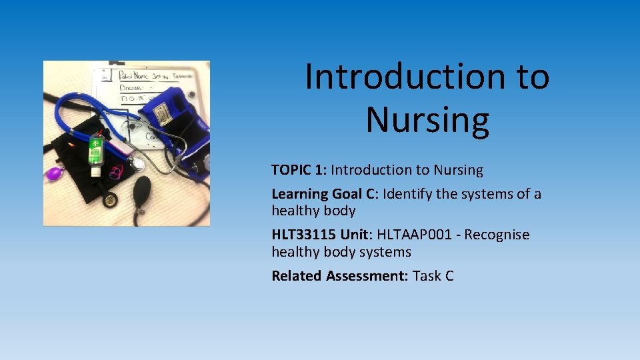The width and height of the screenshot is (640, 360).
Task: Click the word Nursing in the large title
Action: [x=427, y=120]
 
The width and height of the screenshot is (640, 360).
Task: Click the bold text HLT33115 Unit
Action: [x=321, y=235]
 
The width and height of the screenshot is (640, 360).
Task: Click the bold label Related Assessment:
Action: [x=340, y=276]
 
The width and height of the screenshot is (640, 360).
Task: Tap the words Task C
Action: [x=433, y=276]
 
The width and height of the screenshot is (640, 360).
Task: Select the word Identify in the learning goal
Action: [x=411, y=194]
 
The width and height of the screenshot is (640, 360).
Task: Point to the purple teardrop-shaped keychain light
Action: [x=54, y=173]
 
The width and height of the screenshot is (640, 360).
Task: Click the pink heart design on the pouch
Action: [x=117, y=172]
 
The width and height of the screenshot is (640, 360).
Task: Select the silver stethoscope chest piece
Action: [x=136, y=163]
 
